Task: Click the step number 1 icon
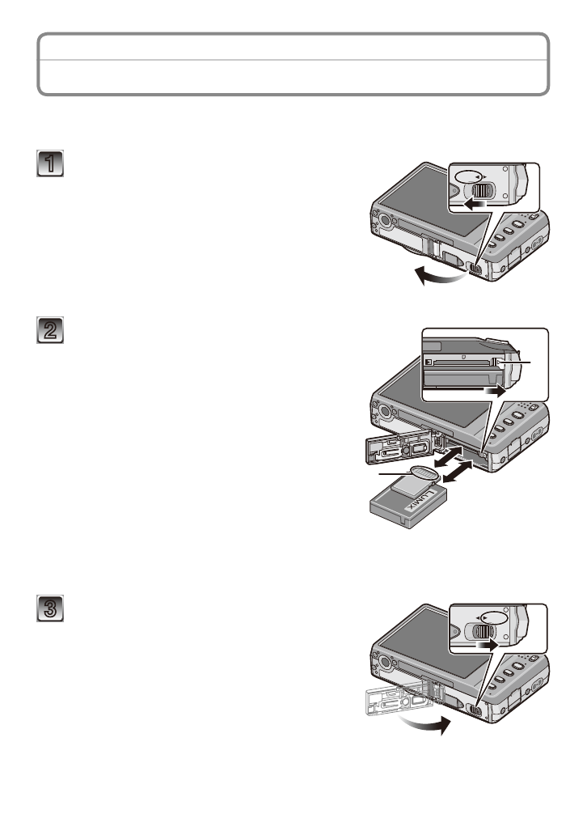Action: [x=50, y=164]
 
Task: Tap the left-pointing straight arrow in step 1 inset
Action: [x=475, y=206]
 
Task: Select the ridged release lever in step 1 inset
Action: [x=483, y=191]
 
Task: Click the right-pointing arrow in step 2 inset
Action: [x=496, y=389]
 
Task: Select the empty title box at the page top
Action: [x=293, y=64]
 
